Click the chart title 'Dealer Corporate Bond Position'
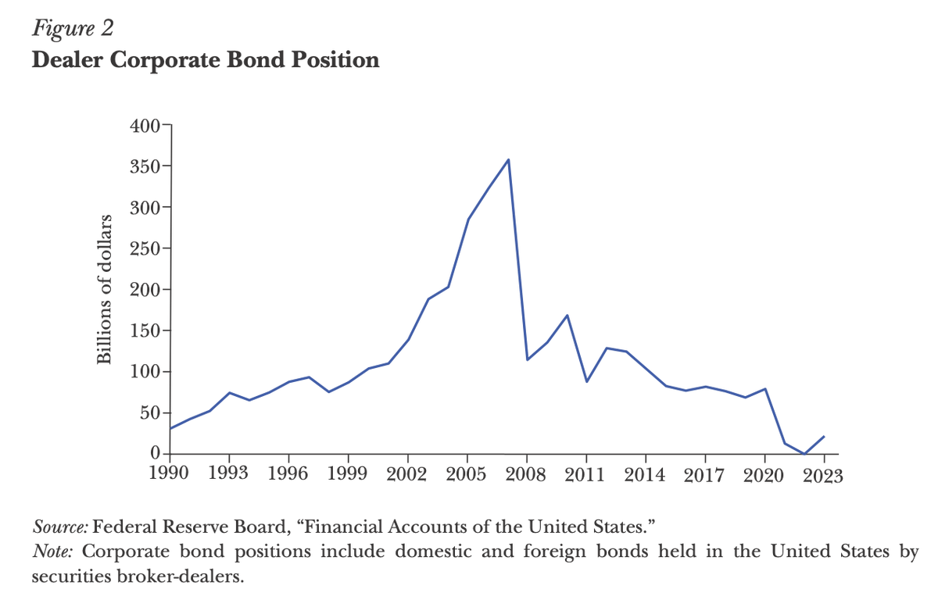(206, 60)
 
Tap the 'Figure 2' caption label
(73, 29)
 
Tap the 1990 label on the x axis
(171, 475)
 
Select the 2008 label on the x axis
(527, 475)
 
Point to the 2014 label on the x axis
(646, 475)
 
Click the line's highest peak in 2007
(508, 160)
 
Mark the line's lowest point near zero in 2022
(804, 453)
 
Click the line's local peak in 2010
(567, 316)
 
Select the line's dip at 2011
(586, 381)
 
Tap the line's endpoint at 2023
(824, 437)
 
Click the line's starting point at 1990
(171, 428)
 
